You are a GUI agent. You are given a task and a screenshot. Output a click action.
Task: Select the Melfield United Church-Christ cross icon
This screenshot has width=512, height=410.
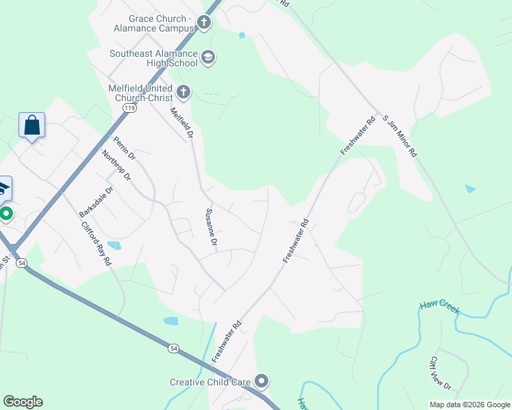(183, 92)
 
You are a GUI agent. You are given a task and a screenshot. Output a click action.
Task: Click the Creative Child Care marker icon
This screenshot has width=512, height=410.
(261, 381)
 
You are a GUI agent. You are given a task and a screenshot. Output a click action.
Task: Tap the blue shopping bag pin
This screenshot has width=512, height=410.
(31, 126)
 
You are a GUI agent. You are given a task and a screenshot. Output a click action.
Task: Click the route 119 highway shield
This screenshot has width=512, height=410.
(129, 108)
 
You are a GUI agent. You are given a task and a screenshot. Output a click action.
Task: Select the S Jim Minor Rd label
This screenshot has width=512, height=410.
(400, 136)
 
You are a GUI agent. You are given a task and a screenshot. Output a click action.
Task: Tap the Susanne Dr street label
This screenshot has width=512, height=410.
(211, 228)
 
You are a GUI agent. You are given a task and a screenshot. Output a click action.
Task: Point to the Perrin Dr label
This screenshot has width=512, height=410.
(125, 146)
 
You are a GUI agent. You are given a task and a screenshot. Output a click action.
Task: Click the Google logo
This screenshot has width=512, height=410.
(23, 402)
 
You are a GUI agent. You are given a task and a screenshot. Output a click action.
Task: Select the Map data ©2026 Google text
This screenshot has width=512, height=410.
(469, 405)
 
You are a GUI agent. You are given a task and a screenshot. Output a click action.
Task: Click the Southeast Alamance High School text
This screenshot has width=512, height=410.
(153, 58)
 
